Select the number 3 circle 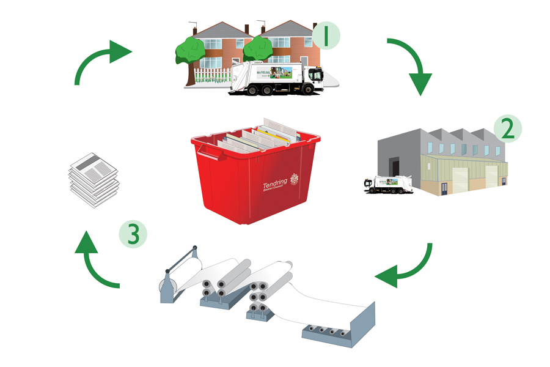pos(133,234)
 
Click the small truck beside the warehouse pos(388,183)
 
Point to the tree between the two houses pos(257,49)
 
